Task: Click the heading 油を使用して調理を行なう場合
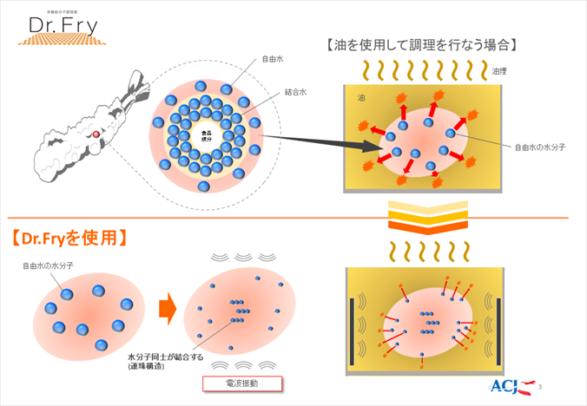[422, 45]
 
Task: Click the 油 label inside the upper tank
[360, 98]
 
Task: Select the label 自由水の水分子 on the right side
[541, 147]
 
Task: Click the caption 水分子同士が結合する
[164, 357]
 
